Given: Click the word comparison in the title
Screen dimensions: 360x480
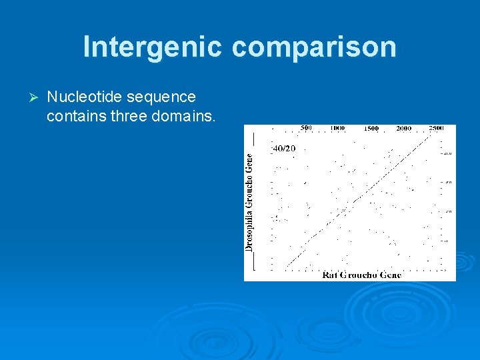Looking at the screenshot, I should tap(314, 47).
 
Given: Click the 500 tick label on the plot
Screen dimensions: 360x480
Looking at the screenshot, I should tap(306, 128).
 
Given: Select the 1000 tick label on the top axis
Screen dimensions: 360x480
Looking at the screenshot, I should tap(339, 128).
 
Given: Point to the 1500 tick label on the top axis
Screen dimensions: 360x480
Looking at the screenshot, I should tap(371, 128).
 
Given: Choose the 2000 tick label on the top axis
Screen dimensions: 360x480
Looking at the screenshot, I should tap(404, 128).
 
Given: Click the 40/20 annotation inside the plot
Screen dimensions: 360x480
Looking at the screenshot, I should tap(284, 148).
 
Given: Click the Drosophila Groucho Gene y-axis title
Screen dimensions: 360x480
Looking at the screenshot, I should tap(249, 201).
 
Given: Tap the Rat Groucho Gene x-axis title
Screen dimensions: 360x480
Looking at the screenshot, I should tap(361, 275).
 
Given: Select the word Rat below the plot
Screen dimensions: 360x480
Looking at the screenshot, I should tap(329, 275).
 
